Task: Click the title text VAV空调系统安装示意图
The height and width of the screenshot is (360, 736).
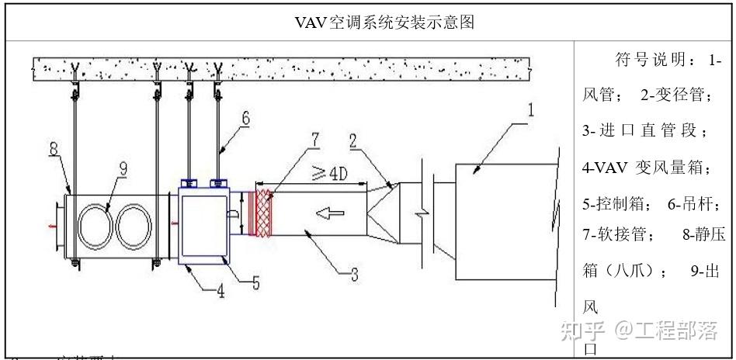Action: pos(384,22)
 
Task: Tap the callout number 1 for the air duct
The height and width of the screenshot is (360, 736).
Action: pos(530,110)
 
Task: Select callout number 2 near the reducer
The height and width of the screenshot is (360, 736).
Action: pos(352,141)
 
